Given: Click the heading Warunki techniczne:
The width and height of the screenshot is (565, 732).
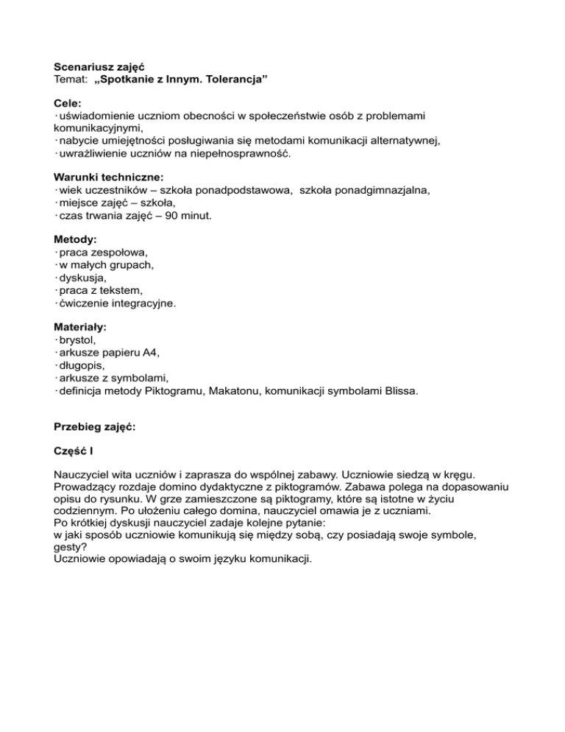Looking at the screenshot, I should click(109, 177).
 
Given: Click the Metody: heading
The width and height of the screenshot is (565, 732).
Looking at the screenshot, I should click(76, 239).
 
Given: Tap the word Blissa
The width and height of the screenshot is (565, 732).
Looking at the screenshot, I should click(400, 391).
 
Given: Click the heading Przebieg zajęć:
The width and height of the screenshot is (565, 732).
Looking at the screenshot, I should click(96, 429).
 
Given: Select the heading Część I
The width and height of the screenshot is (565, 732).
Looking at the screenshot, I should click(76, 454).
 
